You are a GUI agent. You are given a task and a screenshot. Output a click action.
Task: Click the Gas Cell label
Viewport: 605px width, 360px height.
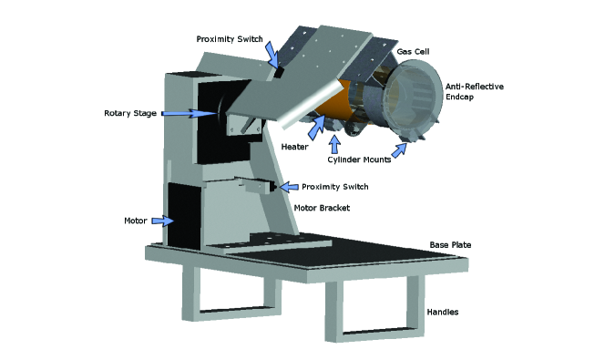click(415, 53)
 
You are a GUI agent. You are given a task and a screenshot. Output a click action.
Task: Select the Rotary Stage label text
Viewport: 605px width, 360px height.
click(130, 114)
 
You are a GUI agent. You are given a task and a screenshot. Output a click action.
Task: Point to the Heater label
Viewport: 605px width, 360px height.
click(293, 145)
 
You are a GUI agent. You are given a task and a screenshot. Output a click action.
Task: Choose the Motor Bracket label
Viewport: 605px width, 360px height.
click(322, 208)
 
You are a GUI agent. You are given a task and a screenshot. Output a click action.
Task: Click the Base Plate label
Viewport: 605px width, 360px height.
click(450, 245)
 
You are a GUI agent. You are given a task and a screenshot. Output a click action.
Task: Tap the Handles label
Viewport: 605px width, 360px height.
click(443, 312)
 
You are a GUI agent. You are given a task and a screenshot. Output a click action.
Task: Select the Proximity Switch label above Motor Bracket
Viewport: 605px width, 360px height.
click(334, 187)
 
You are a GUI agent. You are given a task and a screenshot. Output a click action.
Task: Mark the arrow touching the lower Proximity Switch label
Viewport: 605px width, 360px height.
click(287, 187)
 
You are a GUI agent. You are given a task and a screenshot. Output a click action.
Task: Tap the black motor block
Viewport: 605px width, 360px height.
click(185, 215)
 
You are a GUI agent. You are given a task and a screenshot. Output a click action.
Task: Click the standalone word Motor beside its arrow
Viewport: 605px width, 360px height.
click(136, 221)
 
